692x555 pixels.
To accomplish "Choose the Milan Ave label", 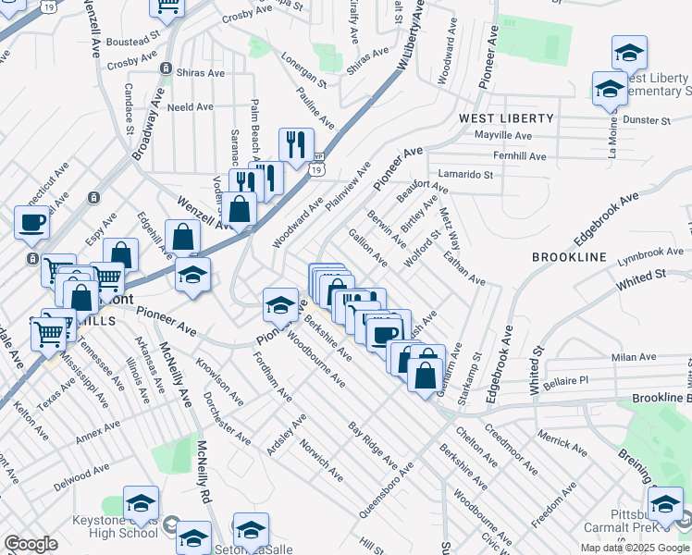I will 633,356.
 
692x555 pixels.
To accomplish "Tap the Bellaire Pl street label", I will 564,380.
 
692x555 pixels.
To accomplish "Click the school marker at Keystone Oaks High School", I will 141,504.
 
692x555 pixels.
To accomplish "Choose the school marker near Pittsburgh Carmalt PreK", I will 665,505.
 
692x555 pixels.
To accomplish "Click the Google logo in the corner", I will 31,544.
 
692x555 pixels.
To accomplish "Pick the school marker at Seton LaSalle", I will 250,531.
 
